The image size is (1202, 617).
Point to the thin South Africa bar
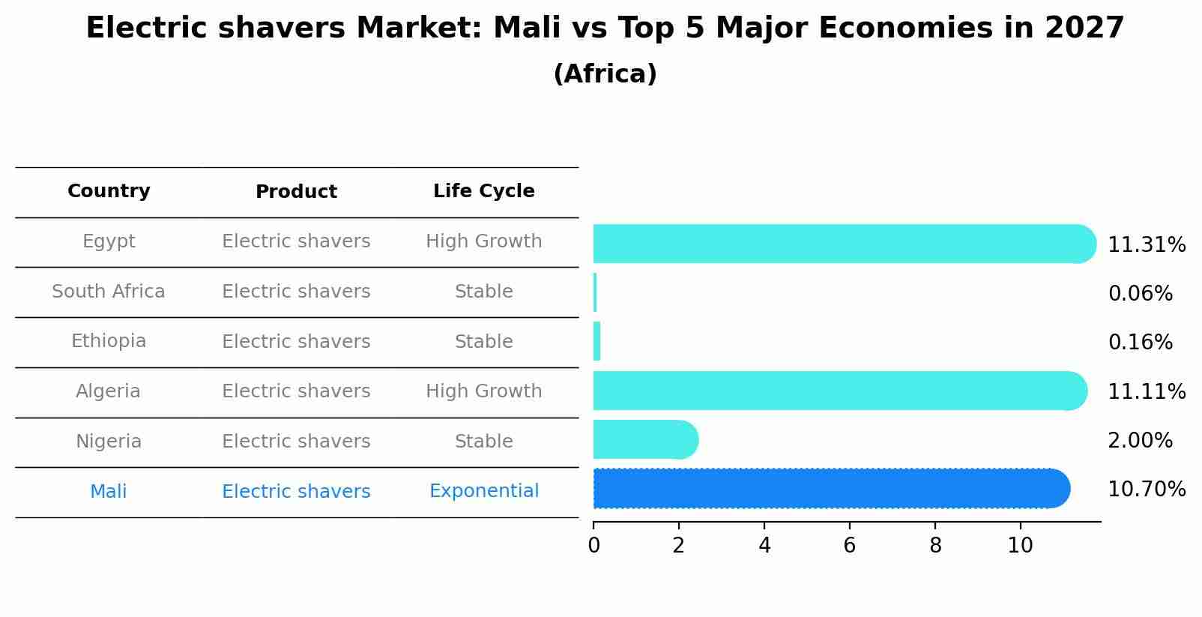(x=595, y=292)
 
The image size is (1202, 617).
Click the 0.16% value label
(x=1140, y=343)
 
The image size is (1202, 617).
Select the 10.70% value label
(x=1146, y=490)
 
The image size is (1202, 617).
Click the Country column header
(x=109, y=191)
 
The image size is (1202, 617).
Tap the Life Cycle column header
(x=483, y=191)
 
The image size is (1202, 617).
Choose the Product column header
(x=296, y=192)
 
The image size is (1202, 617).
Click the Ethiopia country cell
(x=109, y=341)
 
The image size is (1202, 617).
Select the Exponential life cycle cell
(x=483, y=491)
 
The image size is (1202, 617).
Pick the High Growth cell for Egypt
(x=483, y=241)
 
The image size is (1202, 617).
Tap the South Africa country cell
(x=109, y=292)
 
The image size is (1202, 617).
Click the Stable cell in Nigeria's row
(x=483, y=442)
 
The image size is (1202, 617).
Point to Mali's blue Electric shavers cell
(x=296, y=492)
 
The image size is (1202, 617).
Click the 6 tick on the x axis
(x=849, y=546)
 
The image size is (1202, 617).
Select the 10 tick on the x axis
(x=1020, y=546)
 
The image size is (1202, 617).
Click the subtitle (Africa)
(x=605, y=74)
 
